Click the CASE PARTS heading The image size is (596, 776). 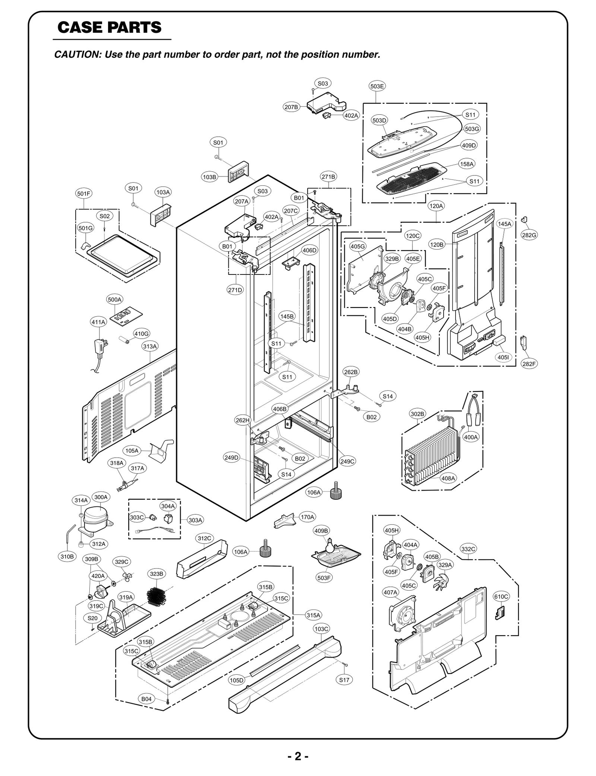[x=110, y=27]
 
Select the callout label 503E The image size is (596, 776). [x=377, y=86]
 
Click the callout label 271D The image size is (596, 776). [x=235, y=290]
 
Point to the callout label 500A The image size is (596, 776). [x=114, y=299]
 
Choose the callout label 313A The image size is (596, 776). [x=150, y=346]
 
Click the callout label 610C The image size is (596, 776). [x=501, y=596]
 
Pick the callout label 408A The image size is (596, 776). [x=448, y=478]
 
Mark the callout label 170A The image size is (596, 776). [x=308, y=517]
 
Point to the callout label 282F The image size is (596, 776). [x=529, y=364]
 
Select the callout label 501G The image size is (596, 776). [x=85, y=228]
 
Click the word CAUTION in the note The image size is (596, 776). [x=77, y=54]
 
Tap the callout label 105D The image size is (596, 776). [x=237, y=680]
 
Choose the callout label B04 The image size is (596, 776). [x=146, y=699]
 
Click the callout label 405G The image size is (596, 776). [x=358, y=246]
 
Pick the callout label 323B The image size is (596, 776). [x=156, y=574]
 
